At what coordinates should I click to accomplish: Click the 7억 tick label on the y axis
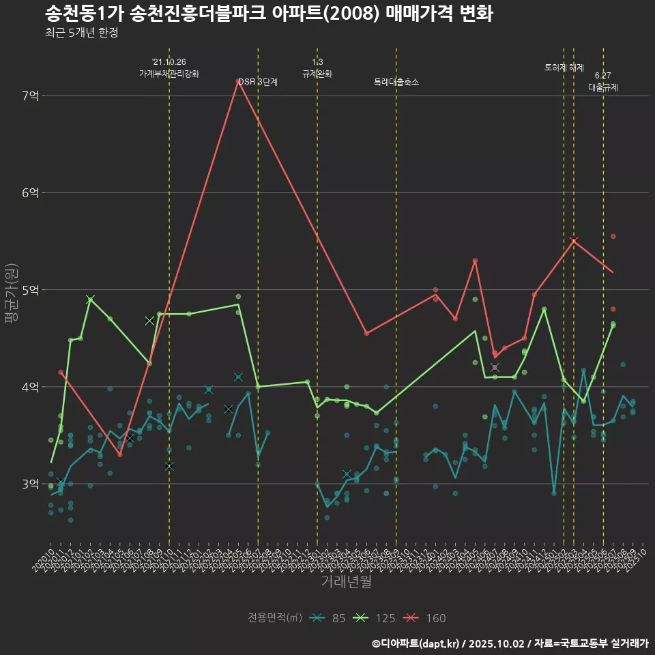click(x=30, y=96)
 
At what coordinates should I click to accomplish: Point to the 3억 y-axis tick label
click(x=30, y=484)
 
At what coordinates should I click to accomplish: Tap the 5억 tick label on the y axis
click(x=30, y=290)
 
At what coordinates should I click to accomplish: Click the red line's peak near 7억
click(x=238, y=81)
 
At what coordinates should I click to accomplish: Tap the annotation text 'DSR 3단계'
click(x=258, y=82)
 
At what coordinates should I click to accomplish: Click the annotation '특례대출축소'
click(x=396, y=82)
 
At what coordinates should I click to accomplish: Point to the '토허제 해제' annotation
click(x=564, y=68)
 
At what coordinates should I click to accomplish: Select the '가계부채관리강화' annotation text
click(x=169, y=73)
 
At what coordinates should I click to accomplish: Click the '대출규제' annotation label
click(x=603, y=87)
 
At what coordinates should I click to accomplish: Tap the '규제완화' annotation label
click(x=317, y=73)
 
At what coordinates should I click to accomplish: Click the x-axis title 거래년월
click(x=346, y=582)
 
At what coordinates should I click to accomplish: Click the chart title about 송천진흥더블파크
click(x=269, y=13)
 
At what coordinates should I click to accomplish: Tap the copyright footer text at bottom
click(x=510, y=643)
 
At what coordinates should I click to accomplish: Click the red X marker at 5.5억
click(x=574, y=241)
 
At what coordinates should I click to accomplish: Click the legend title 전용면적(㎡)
click(x=274, y=618)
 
